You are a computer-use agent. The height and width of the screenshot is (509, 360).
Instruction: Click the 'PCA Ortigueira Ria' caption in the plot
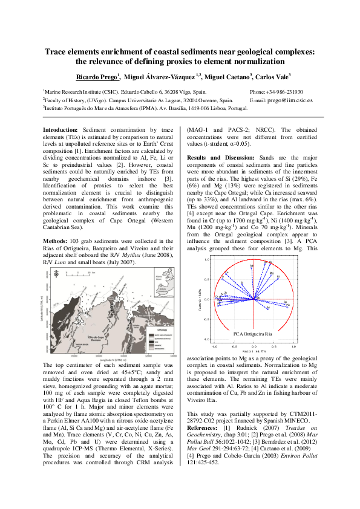pyautogui.click(x=253, y=332)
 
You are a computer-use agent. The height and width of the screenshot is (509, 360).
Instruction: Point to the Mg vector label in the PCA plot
pyautogui.click(x=272, y=274)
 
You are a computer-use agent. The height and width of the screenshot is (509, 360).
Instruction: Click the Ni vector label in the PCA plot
pyautogui.click(x=278, y=277)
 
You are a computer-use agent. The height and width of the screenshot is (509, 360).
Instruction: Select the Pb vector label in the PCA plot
pyautogui.click(x=289, y=305)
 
